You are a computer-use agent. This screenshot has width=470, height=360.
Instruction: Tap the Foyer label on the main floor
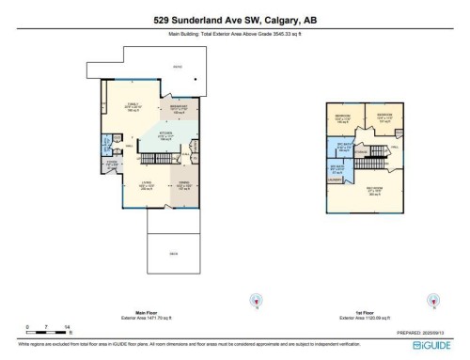coord(111,164)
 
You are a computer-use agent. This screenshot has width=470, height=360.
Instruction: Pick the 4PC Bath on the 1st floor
coord(337,168)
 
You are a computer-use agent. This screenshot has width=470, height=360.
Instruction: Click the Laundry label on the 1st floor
coord(336,179)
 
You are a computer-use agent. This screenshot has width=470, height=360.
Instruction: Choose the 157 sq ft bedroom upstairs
coord(384,119)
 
